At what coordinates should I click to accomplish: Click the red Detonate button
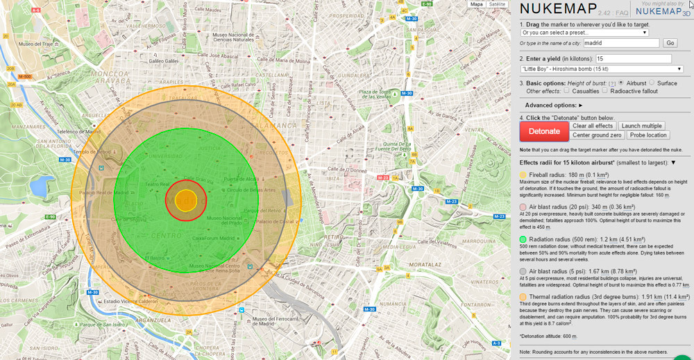point(543,131)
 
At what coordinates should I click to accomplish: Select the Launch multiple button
point(641,126)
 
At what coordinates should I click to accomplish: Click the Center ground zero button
point(598,135)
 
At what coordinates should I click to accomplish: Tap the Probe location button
point(648,135)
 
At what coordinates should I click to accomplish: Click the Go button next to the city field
point(670,42)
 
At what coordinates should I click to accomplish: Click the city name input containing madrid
point(620,42)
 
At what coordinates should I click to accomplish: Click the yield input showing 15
point(632,59)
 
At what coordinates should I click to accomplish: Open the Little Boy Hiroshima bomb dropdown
point(601,69)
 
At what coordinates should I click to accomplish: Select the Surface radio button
point(652,83)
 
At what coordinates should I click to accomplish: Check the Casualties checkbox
point(567,91)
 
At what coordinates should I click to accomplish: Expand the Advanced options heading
point(554,105)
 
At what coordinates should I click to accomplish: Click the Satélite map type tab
point(497,4)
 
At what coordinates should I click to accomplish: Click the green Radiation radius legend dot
point(523,239)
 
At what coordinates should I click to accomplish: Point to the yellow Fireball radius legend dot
point(523,174)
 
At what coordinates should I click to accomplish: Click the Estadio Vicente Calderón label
point(130,302)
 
